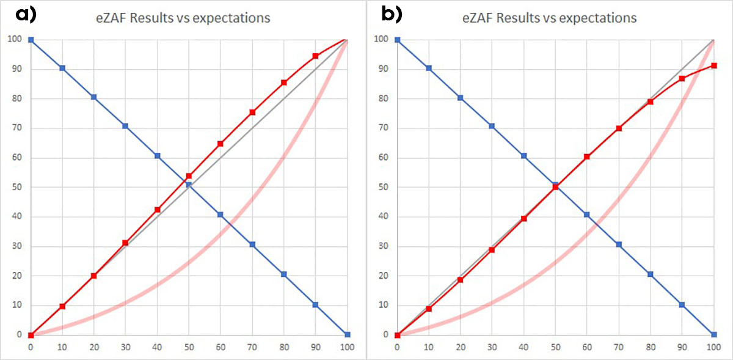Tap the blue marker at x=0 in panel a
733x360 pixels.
(x=31, y=40)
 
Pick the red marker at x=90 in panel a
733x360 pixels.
(x=315, y=56)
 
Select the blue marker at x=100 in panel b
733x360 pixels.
(x=713, y=334)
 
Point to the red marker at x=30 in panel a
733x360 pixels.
(x=125, y=243)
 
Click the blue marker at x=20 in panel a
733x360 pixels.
(x=93, y=97)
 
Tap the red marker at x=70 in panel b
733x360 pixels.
(x=619, y=128)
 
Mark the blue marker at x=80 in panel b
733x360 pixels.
(x=650, y=274)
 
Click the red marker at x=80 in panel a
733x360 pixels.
(x=283, y=83)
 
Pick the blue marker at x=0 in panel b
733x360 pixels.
(x=397, y=40)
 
